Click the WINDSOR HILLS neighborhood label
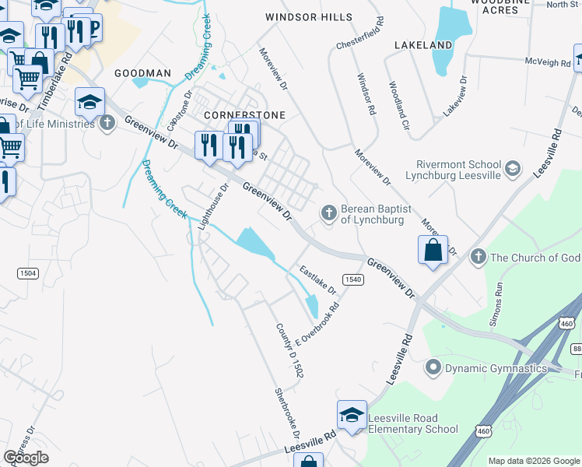308,17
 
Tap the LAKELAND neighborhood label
422,45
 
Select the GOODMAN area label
142,73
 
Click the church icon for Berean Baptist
328,212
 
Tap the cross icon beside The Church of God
478,257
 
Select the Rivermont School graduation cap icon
512,167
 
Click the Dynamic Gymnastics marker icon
433,366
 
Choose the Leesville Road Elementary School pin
352,416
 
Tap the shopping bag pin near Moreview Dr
433,251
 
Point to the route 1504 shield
28,273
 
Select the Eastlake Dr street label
317,280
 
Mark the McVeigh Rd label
527,60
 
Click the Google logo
26,458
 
